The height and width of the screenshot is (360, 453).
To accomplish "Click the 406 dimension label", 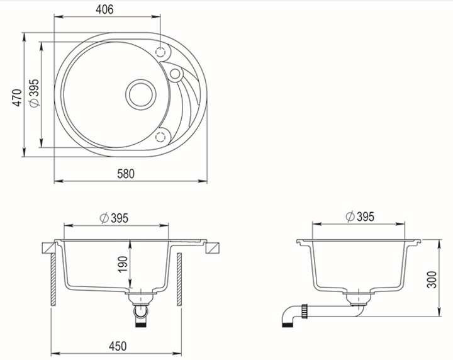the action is (x=104, y=9).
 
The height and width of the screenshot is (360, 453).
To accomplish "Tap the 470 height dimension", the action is (x=17, y=98).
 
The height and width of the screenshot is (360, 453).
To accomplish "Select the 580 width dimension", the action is (x=126, y=174).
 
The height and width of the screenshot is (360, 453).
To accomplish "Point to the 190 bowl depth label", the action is (x=123, y=264).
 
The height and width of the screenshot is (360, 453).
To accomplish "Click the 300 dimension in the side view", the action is (x=432, y=279).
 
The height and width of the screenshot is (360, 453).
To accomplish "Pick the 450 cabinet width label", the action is (x=118, y=346).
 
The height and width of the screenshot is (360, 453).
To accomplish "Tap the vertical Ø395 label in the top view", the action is (x=34, y=93).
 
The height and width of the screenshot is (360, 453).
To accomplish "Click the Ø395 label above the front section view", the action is (x=113, y=218).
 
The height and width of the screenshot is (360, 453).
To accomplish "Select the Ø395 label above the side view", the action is (x=360, y=217).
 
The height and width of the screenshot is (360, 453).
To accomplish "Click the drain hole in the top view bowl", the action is (x=141, y=94).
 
